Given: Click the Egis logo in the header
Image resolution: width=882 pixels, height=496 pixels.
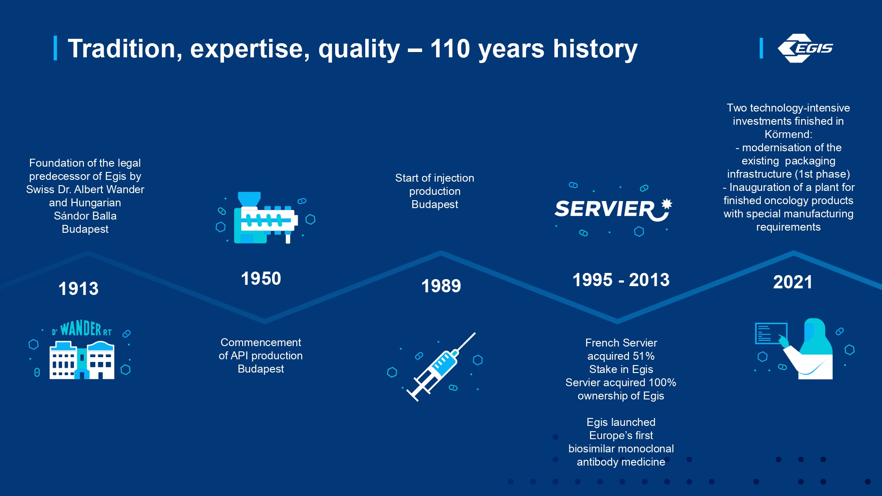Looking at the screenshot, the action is pos(805,48).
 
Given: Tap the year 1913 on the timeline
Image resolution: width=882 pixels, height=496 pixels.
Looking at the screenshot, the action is pos(78,289).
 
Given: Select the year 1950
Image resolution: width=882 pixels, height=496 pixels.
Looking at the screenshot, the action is pos(261,279).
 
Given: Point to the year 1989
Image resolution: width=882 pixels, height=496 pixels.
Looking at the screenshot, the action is pos(441,286).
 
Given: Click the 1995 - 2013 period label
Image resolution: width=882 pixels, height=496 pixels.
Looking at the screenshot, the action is pos(621,280).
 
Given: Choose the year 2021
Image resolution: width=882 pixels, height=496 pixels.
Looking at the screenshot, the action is pos(792,282).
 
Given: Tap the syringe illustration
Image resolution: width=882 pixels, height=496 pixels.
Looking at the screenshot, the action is pos(441,367).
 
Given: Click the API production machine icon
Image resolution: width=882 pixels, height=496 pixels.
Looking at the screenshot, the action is pos(265,218).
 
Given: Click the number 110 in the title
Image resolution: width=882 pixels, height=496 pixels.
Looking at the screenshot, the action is pos(450,48).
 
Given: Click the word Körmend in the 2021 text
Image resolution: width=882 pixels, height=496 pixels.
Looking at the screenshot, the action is pos(789,134).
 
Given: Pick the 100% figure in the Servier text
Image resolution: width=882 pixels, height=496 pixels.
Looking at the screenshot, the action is pos(661,383).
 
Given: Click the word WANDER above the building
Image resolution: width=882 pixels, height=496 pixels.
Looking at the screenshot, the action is pos(81,328).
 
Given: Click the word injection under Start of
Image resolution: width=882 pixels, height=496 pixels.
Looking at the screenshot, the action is pos(448,178).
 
